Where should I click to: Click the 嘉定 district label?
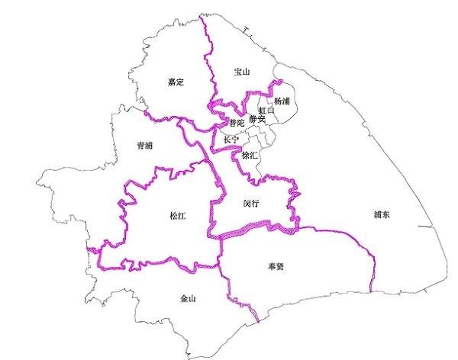click(176, 81)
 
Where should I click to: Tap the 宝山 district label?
click(243, 72)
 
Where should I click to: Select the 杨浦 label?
click(282, 101)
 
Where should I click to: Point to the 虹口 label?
click(266, 111)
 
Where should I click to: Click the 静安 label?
click(257, 119)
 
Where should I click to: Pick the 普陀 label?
click(237, 122)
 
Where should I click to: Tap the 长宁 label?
click(231, 140)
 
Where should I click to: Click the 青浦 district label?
click(144, 145)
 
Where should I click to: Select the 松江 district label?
click(177, 216)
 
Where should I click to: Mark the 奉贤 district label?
click(276, 267)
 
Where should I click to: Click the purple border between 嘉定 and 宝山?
click(205, 61)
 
